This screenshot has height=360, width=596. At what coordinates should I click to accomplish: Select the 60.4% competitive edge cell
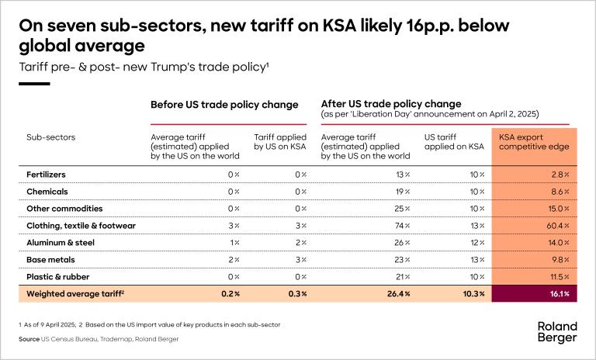557,225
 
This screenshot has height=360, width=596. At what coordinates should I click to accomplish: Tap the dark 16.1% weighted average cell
559,294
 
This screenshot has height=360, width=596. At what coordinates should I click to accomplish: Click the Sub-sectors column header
50,138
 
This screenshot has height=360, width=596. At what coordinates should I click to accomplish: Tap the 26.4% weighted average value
398,294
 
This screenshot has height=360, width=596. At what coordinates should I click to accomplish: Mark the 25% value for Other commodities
404,209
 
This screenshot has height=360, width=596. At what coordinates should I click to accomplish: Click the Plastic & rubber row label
58,275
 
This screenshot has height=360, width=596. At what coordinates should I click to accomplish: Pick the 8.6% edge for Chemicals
559,192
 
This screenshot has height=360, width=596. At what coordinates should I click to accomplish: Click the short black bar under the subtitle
33,83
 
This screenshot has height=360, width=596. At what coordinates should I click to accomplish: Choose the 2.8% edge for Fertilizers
559,175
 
